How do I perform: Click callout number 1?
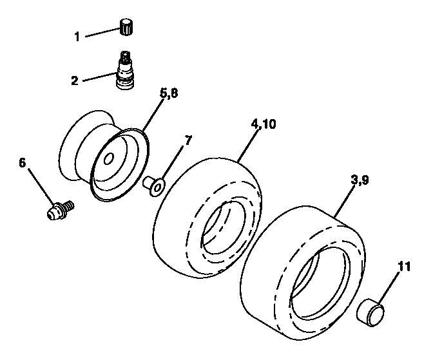(x=78, y=37)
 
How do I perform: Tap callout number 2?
(x=75, y=81)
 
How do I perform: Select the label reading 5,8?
(x=169, y=93)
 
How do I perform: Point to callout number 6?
(x=23, y=164)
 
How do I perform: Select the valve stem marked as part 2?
(x=126, y=73)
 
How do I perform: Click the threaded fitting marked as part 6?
(x=61, y=210)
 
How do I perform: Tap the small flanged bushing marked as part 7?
(x=155, y=185)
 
